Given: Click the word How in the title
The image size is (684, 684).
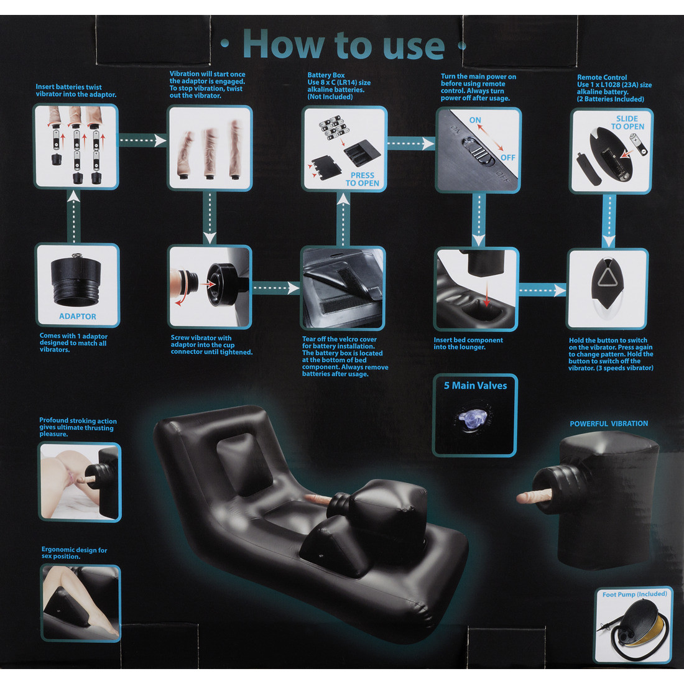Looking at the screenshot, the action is [284, 45].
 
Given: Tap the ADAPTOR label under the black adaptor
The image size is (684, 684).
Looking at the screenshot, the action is [78, 317].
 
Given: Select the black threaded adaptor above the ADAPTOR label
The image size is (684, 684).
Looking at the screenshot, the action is [76, 280].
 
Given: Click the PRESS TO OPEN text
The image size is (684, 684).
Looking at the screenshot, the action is [362, 179].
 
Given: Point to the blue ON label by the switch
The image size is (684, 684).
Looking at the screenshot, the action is [475, 120].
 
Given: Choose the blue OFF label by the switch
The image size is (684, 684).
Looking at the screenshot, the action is [508, 157].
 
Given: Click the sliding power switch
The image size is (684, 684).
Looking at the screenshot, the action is [479, 151].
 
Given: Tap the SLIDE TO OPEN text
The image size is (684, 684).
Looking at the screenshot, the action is [627, 122].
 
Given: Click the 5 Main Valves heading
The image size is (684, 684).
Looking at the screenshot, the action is [476, 386].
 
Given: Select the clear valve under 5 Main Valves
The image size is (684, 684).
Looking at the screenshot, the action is [472, 418].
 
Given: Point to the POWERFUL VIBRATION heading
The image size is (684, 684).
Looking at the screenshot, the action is [609, 423].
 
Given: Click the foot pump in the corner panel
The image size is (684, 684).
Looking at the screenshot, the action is [637, 628].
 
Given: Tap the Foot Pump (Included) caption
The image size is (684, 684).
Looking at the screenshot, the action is [635, 594].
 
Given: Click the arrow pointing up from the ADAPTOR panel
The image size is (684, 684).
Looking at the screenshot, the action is [74, 216].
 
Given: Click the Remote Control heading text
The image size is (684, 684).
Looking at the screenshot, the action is [602, 77].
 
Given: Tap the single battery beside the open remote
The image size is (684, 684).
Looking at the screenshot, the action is [639, 144].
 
